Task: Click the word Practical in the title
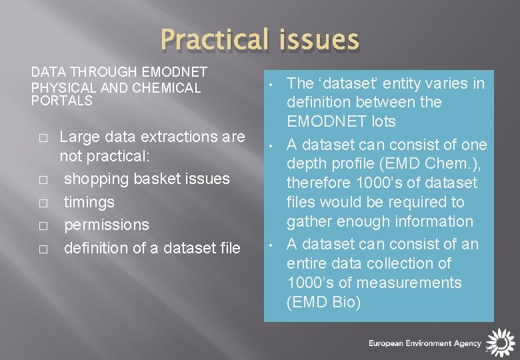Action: point(214,40)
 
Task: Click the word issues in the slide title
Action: point(319,40)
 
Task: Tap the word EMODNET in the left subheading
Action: point(175,72)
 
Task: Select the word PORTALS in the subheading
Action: point(62,101)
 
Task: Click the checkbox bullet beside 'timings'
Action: point(43,203)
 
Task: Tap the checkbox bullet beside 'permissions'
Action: point(43,226)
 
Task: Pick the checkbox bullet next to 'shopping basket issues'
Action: point(43,180)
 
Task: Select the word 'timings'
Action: point(89,203)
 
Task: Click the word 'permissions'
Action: point(107,225)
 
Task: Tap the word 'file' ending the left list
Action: point(230,248)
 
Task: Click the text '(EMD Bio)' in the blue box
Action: point(323,302)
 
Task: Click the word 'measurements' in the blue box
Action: point(409,283)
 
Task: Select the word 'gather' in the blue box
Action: point(309,222)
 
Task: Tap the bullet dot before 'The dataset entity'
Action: point(271,85)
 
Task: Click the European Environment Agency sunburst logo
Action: point(501,343)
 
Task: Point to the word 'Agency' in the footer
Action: point(467,344)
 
